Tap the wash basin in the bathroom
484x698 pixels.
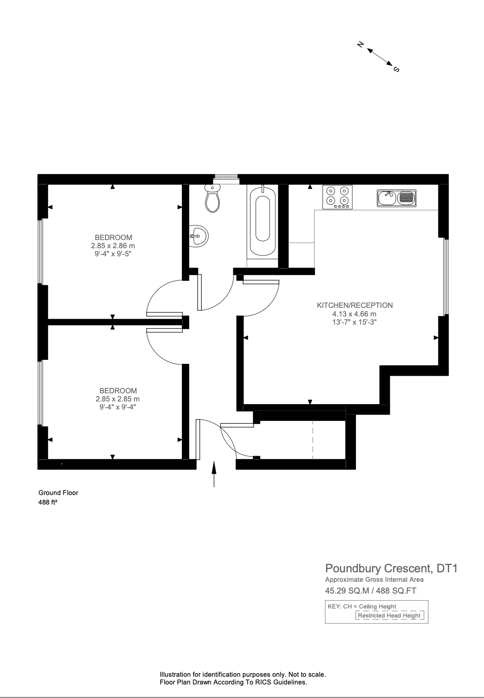tap(198, 236)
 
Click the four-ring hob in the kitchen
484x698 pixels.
tap(338, 197)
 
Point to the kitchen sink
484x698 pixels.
tap(396, 198)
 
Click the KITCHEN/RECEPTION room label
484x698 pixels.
tap(355, 305)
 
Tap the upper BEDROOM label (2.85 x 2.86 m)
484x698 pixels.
tap(113, 237)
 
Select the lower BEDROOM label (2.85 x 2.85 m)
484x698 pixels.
tap(118, 391)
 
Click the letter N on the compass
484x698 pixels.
tap(361, 44)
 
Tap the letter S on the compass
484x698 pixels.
tap(397, 69)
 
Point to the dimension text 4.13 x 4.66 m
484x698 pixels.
tap(354, 314)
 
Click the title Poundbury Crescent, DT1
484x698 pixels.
tap(391, 568)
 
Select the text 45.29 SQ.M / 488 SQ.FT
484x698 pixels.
tap(370, 590)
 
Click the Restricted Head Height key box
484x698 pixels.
tap(389, 615)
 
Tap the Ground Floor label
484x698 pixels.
tap(58, 493)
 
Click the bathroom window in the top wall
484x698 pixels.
tap(226, 179)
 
